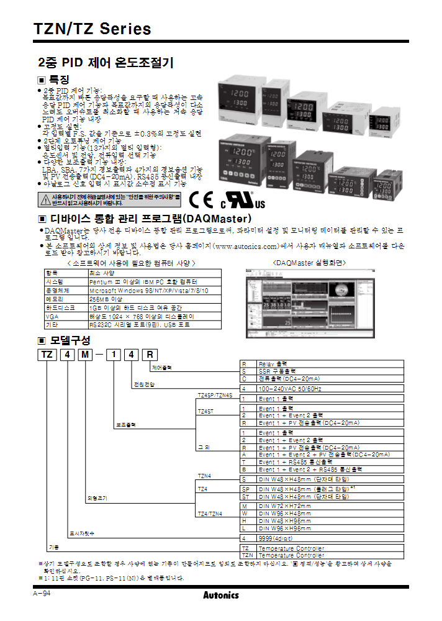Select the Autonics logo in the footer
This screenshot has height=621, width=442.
[220, 595]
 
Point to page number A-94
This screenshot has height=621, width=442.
[42, 594]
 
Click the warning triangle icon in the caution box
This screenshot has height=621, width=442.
[45, 199]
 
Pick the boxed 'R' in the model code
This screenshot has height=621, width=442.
[150, 355]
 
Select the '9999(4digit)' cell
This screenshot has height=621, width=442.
[276, 538]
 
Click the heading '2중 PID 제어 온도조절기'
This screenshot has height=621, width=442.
[106, 63]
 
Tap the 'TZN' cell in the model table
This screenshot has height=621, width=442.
[248, 555]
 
